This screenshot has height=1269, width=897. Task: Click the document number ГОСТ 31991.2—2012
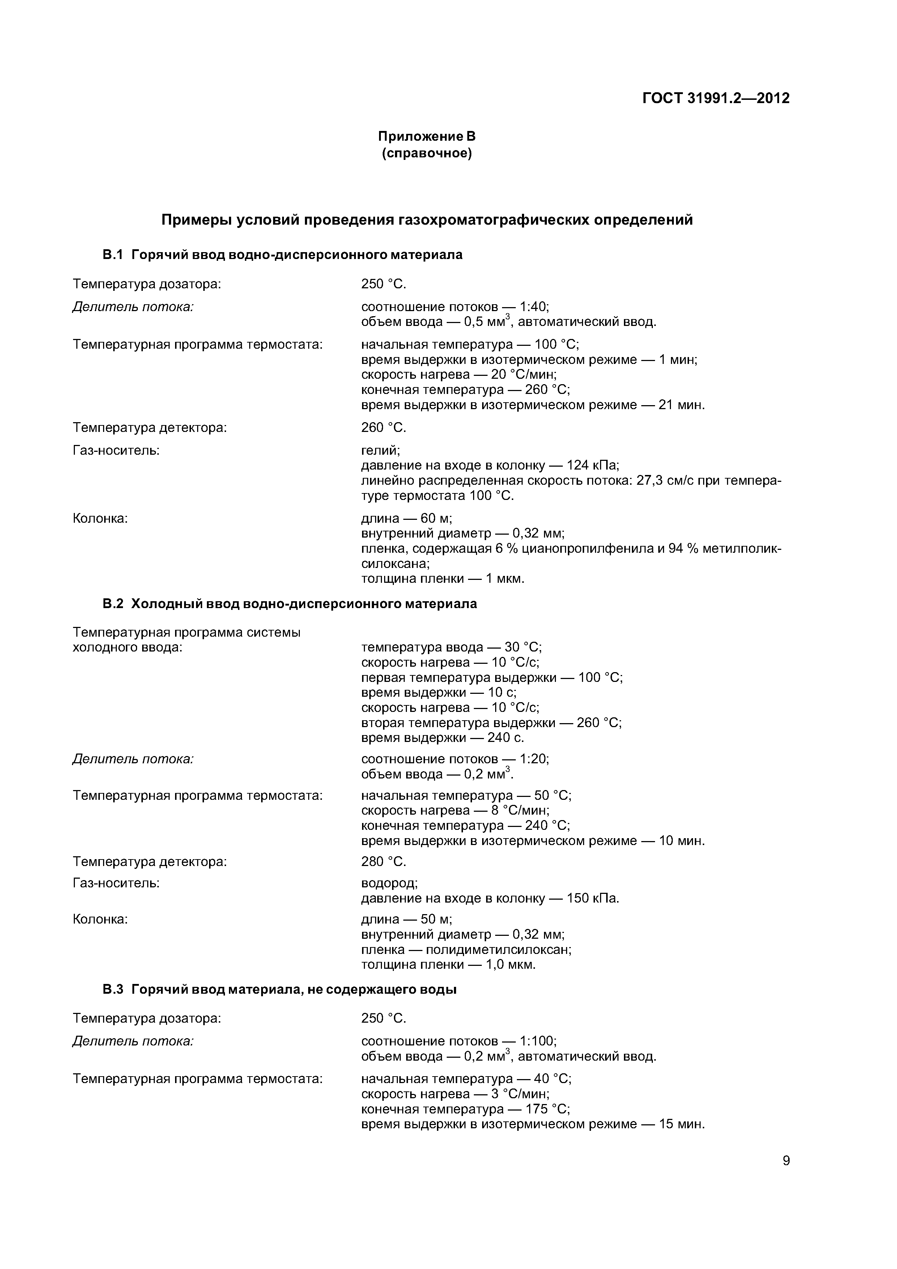[716, 98]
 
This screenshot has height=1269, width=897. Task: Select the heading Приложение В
[427, 136]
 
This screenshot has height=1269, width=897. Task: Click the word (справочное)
[427, 153]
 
